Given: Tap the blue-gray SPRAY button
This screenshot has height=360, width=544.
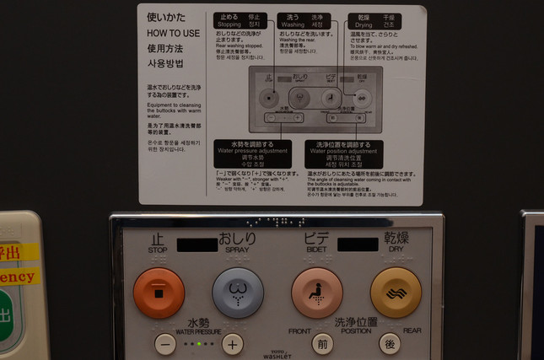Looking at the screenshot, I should (x=237, y=293).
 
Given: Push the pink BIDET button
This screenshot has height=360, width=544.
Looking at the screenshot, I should (x=316, y=293).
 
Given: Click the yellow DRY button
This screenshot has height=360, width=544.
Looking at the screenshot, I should (x=396, y=293).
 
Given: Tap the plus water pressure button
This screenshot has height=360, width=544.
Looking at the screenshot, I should (x=233, y=344).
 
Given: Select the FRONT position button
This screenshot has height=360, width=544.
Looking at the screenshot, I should (x=322, y=344).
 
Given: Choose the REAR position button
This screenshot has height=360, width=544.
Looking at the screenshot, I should (x=389, y=344).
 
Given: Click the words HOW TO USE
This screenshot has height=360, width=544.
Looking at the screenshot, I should (x=174, y=32).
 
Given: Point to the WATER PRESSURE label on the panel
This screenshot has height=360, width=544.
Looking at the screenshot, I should (x=198, y=330).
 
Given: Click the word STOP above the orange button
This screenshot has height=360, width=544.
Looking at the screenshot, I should (x=158, y=250).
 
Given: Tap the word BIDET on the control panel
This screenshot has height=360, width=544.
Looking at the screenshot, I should (x=316, y=250).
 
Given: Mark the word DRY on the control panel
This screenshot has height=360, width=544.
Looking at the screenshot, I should (x=396, y=250).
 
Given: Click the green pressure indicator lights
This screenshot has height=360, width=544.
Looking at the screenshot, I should (x=199, y=344).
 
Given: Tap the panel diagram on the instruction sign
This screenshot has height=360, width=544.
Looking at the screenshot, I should (x=314, y=99).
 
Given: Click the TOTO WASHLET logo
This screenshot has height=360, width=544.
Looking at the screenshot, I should (x=277, y=355).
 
